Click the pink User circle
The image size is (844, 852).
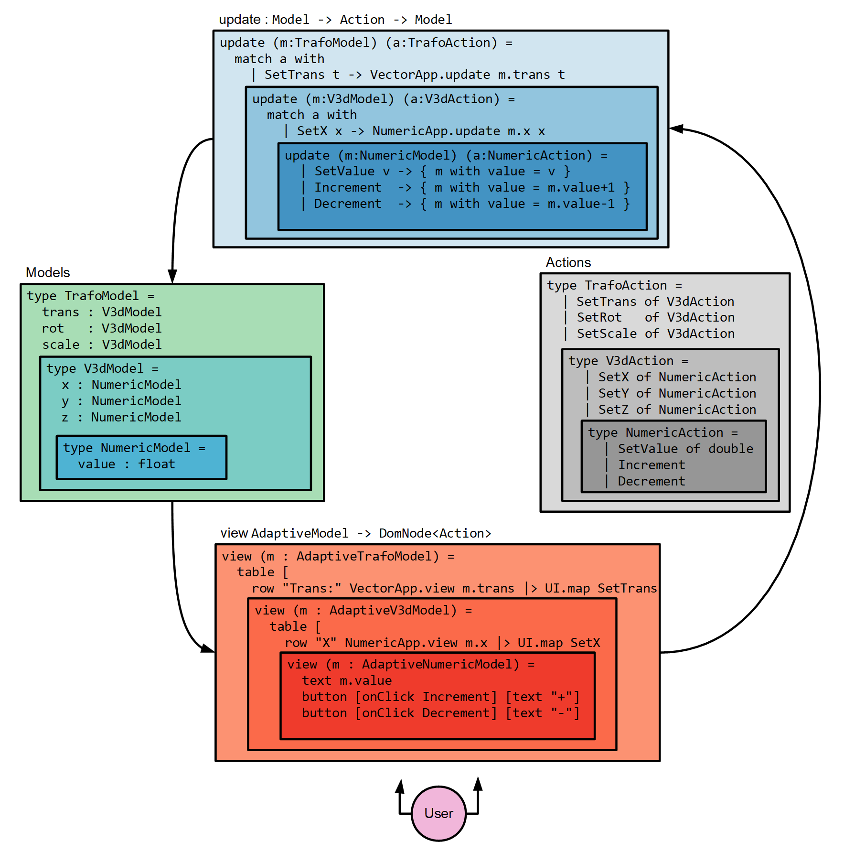coord(438,813)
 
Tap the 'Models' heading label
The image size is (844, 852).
coord(48,272)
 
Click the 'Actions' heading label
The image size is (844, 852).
coord(568,262)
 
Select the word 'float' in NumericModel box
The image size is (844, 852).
coord(157,464)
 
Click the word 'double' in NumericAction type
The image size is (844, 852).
coord(731,449)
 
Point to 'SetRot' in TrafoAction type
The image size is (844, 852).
coord(599,317)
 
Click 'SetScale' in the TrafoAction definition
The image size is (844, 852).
coord(607,334)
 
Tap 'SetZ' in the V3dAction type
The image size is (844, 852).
coord(613,410)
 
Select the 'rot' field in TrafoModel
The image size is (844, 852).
coord(53,328)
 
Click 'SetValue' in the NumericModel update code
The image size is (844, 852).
coord(344,171)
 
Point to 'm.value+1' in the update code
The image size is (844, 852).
coord(581,187)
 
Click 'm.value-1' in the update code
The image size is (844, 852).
coord(581,204)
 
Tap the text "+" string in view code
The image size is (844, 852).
coord(562,697)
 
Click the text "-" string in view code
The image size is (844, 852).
coord(562,713)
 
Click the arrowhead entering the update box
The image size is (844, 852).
coord(676,129)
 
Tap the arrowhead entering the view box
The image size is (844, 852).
coord(208,648)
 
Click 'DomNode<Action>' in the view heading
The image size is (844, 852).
coord(435,533)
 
